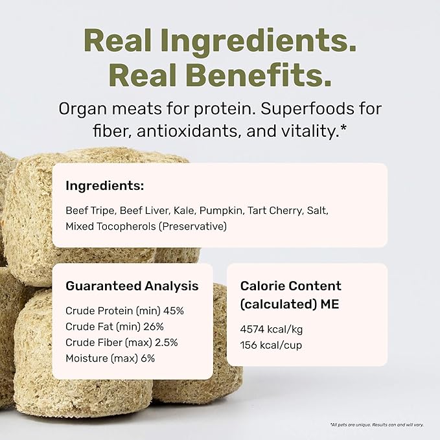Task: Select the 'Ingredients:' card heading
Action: [x=104, y=186]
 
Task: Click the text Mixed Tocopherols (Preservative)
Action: [x=146, y=226]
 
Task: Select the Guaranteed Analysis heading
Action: [x=132, y=286]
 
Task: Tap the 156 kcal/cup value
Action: [x=271, y=345]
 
